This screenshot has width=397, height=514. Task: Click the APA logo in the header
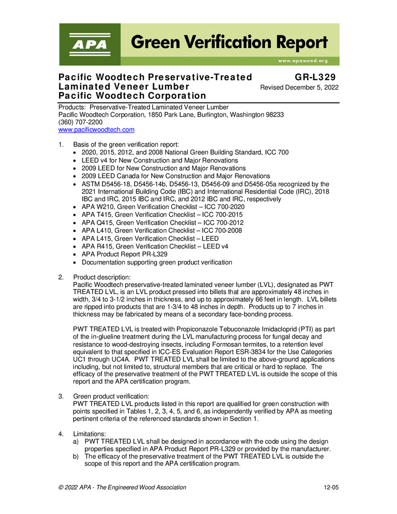(x=90, y=45)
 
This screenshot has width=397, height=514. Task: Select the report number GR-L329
(x=318, y=77)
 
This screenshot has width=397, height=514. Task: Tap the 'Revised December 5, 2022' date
(x=299, y=87)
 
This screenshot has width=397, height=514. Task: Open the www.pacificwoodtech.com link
(x=96, y=130)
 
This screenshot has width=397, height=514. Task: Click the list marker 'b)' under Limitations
(x=77, y=456)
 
